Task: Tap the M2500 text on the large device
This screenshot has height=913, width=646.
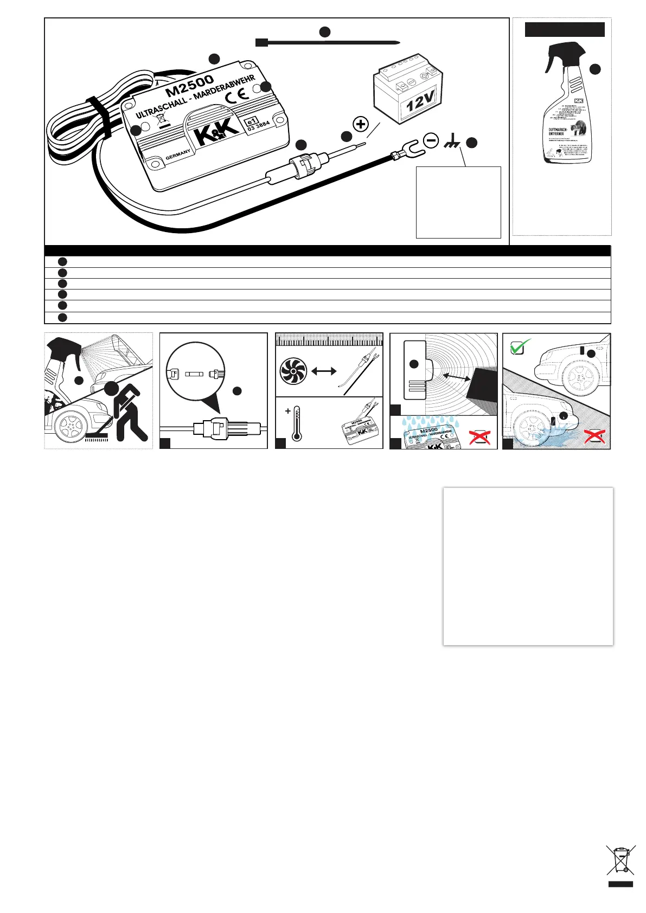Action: [x=190, y=85]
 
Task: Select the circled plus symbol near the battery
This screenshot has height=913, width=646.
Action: [x=361, y=124]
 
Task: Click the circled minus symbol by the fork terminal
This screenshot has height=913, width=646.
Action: [x=431, y=141]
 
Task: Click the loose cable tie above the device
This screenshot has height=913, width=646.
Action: [x=328, y=42]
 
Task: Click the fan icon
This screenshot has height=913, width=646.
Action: [x=293, y=372]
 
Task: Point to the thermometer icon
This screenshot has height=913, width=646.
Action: [x=296, y=425]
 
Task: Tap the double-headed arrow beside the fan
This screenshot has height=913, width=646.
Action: [x=324, y=371]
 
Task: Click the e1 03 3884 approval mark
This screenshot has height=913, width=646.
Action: [x=258, y=126]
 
